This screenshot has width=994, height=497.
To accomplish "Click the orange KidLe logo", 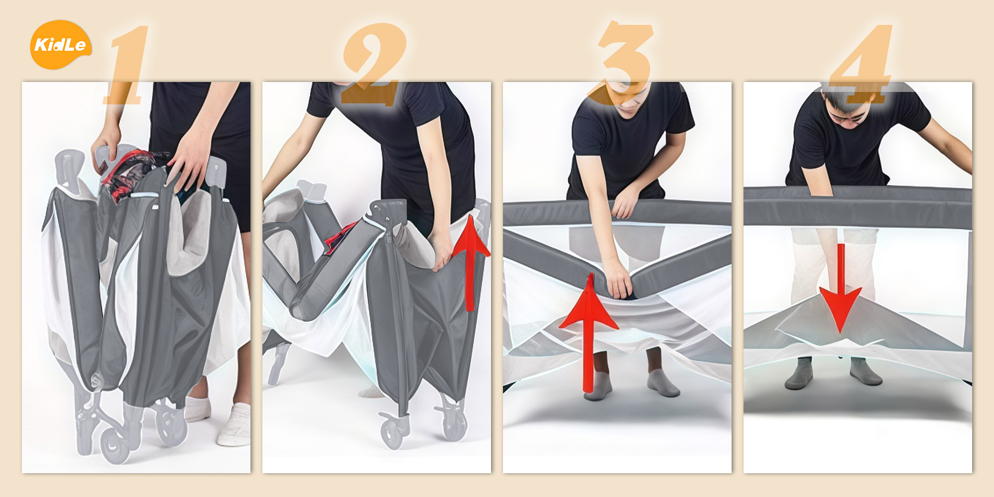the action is pos(61,45).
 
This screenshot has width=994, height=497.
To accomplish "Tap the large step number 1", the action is pos(127,65).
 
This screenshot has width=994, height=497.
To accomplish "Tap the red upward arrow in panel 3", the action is pos(589,333).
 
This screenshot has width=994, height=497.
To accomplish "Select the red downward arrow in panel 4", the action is pos(840,288).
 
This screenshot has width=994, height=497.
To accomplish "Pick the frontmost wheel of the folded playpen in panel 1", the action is pos(115,445).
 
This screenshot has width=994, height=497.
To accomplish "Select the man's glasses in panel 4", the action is pos(848,118).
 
